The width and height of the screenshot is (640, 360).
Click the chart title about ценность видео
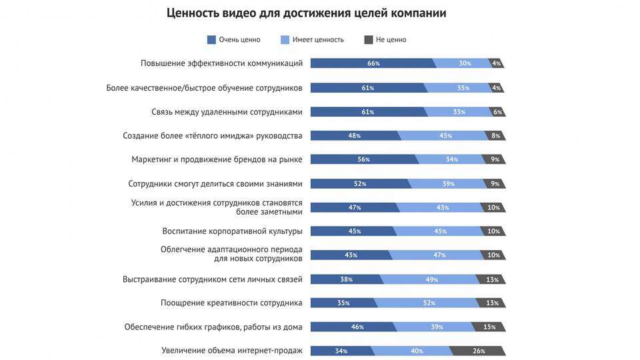[x=306, y=13]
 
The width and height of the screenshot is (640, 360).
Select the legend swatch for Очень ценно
[x=212, y=40]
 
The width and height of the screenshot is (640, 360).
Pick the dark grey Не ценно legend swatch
[x=369, y=40]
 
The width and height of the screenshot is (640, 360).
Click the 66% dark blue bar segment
[x=373, y=63]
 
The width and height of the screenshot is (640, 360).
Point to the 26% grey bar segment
[x=478, y=351]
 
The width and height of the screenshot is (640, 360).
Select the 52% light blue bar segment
[x=429, y=303]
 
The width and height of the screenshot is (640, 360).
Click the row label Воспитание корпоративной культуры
[x=232, y=231]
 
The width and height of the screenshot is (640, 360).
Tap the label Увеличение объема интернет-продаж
[x=232, y=351]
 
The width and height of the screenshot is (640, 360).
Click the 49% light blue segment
[x=431, y=279]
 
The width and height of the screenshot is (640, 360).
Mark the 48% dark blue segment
[x=355, y=136]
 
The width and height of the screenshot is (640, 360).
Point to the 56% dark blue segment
[x=363, y=159]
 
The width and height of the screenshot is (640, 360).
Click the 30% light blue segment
[x=465, y=63]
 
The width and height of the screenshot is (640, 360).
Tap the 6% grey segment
[x=497, y=112]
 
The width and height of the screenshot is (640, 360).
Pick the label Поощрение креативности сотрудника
[x=231, y=303]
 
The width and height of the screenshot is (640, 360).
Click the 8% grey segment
[x=495, y=136]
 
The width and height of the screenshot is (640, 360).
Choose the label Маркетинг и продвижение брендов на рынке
[x=217, y=159]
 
